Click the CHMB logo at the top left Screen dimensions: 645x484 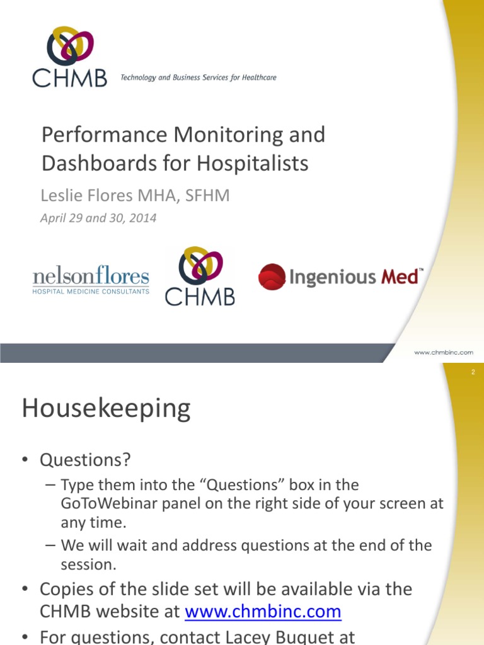tap(69, 57)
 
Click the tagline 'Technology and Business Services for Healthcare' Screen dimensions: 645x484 tap(198, 78)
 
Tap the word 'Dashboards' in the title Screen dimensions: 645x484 tap(89, 163)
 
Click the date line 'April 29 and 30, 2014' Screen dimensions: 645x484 tap(98, 219)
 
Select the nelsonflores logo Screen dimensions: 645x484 tap(91, 280)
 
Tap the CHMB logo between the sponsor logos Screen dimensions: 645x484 tap(200, 277)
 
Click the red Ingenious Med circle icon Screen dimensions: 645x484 tap(272, 277)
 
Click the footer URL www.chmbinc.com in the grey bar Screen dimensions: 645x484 tap(443, 353)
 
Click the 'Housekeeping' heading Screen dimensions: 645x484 tap(106, 409)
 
